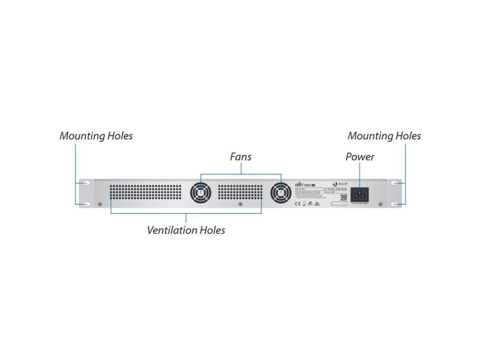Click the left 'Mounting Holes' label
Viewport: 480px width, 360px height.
tap(96, 136)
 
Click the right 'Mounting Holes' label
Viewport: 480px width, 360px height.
tap(384, 136)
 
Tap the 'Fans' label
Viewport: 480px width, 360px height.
tap(240, 157)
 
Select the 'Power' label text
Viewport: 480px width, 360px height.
tap(360, 157)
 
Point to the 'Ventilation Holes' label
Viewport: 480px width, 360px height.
tap(186, 230)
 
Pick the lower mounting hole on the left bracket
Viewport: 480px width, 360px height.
tap(86, 204)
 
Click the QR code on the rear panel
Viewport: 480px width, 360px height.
tap(343, 197)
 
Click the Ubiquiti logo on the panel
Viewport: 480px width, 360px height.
tap(339, 184)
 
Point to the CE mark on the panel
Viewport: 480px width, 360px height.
tap(297, 204)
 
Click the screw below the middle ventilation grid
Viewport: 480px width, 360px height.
tap(240, 204)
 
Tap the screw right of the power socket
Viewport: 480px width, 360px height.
tap(380, 204)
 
